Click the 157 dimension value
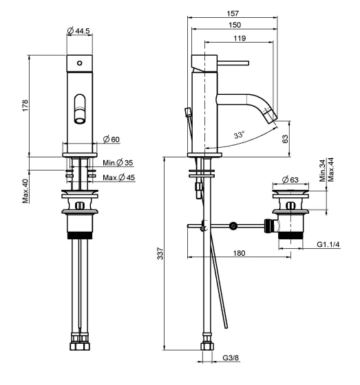pos(233,13)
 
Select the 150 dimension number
pos(235,25)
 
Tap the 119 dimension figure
pos(240,38)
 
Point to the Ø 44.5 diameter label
pos(78,31)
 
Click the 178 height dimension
pos(25,106)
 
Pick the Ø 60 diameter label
pos(111,139)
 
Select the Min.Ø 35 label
pos(118,162)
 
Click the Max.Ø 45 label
pos(119,177)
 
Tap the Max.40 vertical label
pos(25,191)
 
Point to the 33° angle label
pos(239,135)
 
